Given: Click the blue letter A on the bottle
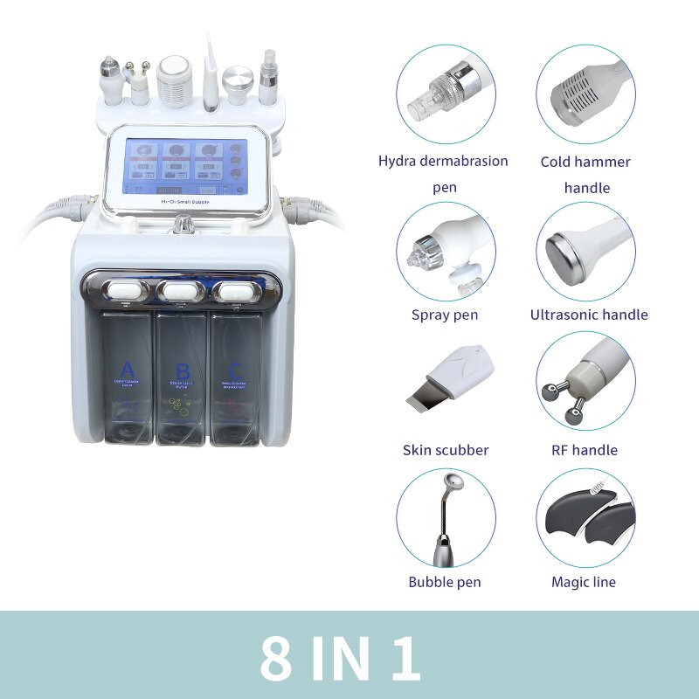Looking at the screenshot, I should pyautogui.click(x=128, y=367).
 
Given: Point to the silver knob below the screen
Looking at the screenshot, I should pyautogui.click(x=184, y=225).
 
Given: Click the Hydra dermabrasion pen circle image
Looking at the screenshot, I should pyautogui.click(x=445, y=93).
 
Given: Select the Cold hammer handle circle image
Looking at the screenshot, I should pyautogui.click(x=585, y=93).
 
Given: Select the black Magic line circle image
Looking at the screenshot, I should pyautogui.click(x=585, y=517).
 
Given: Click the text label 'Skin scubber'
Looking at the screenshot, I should pyautogui.click(x=445, y=450).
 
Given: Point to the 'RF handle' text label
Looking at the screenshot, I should pyautogui.click(x=585, y=450).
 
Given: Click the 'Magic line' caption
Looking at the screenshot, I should pyautogui.click(x=583, y=581).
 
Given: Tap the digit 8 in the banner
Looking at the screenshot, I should pyautogui.click(x=276, y=657).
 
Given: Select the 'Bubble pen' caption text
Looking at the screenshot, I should pyautogui.click(x=445, y=581).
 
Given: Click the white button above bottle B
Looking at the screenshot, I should pyautogui.click(x=182, y=288).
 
